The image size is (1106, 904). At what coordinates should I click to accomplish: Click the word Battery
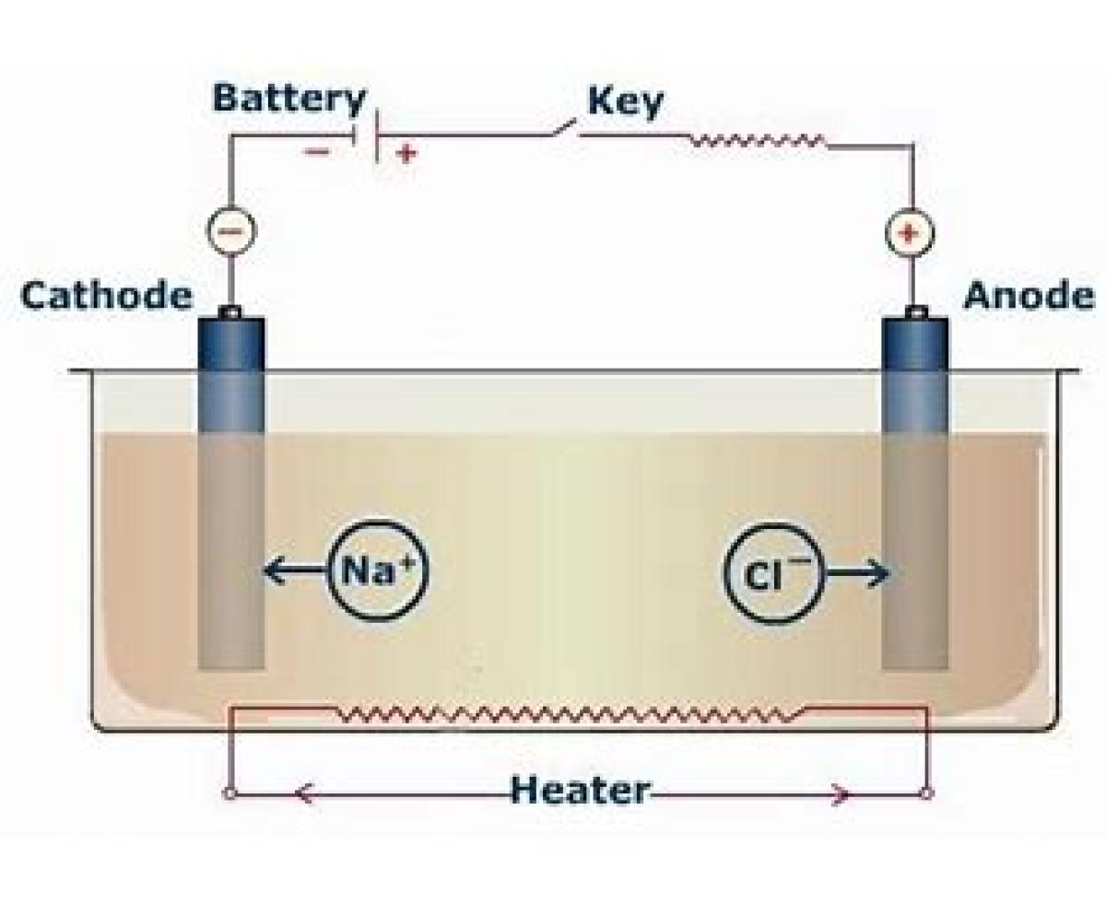(288, 99)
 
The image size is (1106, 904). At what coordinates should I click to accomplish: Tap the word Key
(625, 102)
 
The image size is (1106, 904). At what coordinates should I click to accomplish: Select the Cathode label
(107, 297)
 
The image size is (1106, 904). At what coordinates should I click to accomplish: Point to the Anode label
(1029, 297)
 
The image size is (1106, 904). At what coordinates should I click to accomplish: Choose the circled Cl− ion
(771, 573)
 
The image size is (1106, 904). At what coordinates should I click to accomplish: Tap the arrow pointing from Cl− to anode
(857, 574)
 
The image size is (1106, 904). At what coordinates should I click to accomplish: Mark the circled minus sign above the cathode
(229, 230)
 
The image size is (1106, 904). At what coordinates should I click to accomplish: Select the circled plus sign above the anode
(910, 232)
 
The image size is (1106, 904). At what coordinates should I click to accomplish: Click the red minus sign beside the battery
(316, 151)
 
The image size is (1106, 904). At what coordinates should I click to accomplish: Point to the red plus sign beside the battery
(405, 153)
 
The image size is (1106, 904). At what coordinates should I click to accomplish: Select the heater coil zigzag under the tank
(571, 714)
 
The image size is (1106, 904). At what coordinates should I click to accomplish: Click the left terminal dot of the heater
(229, 792)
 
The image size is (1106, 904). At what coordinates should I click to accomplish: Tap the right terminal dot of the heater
(927, 792)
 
